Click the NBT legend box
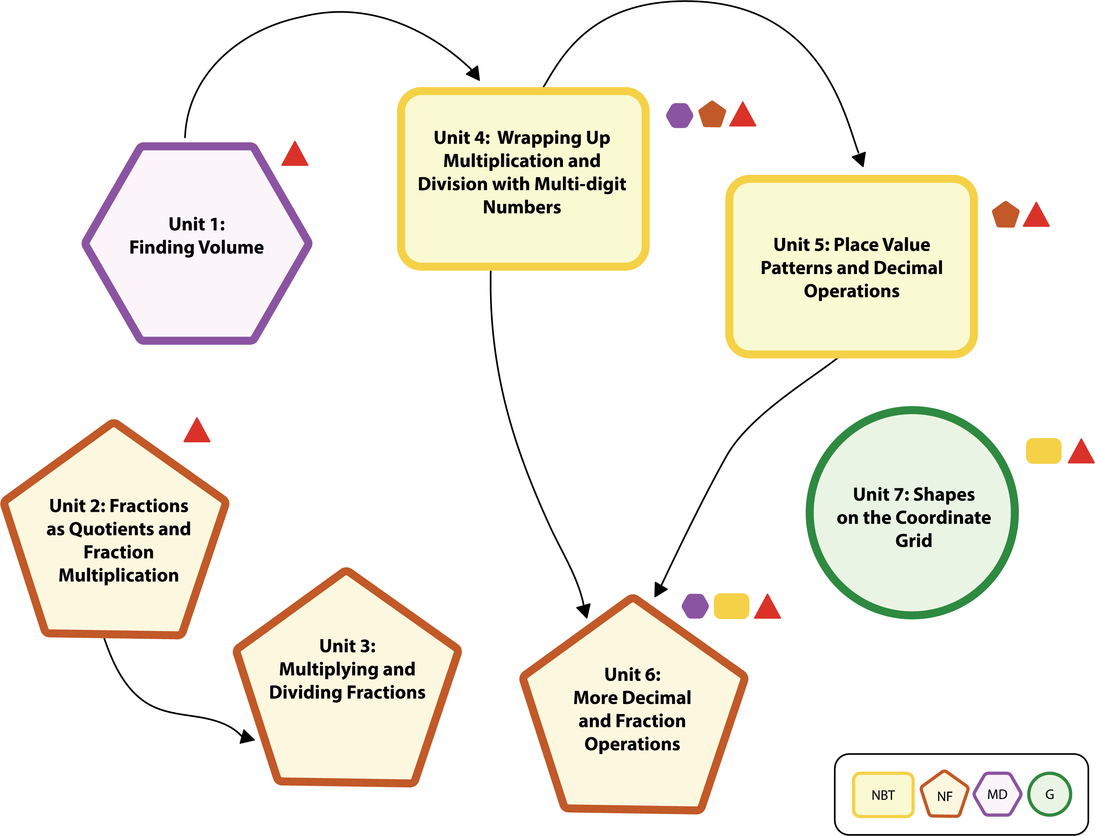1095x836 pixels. click(883, 795)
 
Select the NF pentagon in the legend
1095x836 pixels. click(944, 795)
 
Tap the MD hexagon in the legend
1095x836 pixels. click(997, 794)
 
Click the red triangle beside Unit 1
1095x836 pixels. click(295, 155)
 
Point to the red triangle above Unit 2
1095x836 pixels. click(197, 432)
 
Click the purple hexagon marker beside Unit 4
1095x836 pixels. click(679, 115)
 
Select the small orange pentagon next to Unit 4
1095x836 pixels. click(712, 115)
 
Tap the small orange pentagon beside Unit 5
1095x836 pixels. click(1005, 215)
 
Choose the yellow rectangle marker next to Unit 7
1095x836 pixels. click(1043, 451)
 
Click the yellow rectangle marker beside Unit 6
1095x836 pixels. click(731, 606)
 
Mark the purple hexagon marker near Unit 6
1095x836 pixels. click(695, 606)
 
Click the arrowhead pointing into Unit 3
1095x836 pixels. click(247, 736)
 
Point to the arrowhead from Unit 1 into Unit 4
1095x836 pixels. click(474, 74)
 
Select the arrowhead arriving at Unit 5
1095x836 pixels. click(859, 159)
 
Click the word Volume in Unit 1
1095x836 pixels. click(232, 247)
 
